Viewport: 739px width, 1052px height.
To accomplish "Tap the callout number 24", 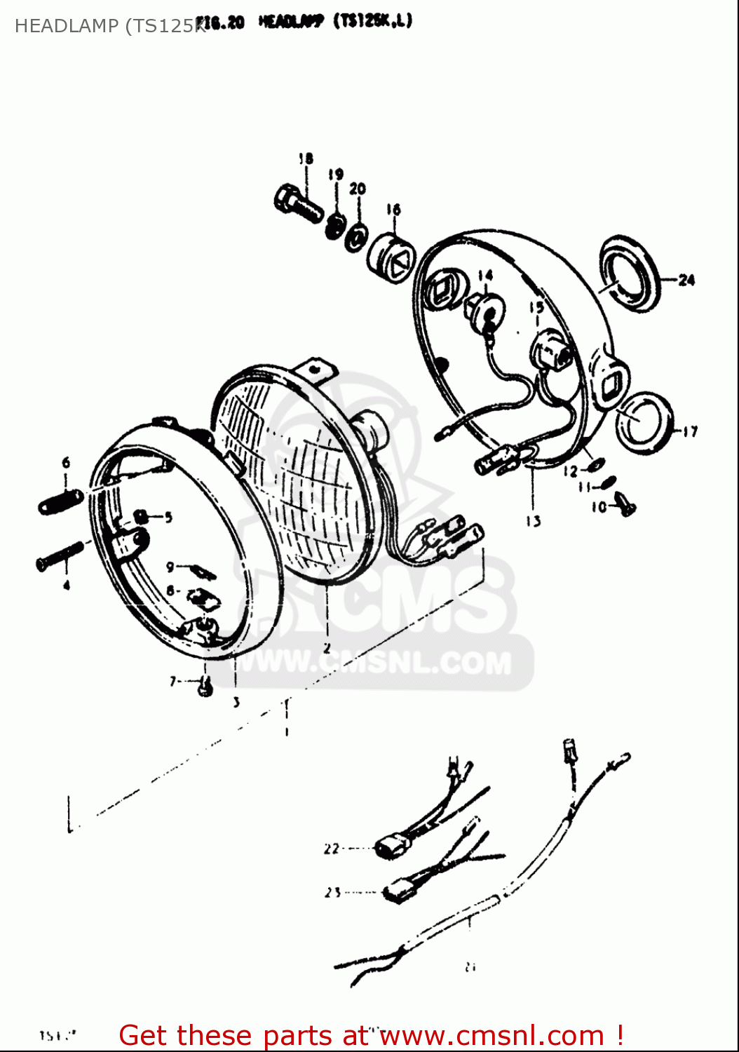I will [686, 280].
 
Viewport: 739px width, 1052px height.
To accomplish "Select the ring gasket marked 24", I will [630, 274].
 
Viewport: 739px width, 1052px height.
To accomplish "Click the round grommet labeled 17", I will [643, 423].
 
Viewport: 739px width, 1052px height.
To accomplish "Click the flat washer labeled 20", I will [357, 236].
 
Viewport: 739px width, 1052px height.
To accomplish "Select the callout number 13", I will [534, 521].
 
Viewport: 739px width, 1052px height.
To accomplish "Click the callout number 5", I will [168, 518].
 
